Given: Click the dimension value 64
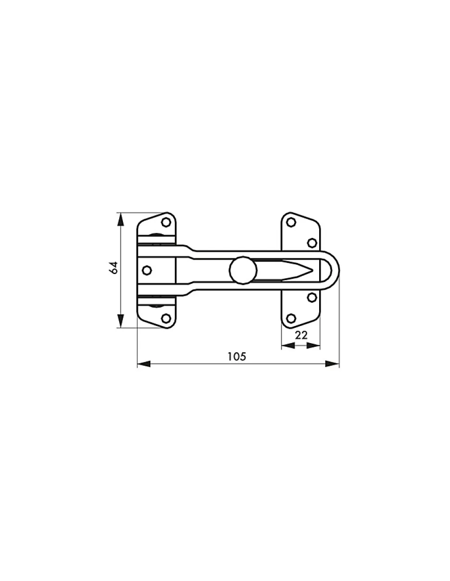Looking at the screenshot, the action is coord(114,268).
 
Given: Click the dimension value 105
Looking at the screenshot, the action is coord(237,357).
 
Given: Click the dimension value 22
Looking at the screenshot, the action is coord(302,335).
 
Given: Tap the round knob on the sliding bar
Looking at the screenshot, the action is coord(243,270).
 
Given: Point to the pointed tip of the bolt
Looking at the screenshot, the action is coord(312,270).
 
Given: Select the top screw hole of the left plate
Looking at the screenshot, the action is coord(166,222).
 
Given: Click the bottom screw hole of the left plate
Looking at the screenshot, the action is coord(166,319).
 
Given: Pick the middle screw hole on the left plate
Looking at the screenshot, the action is coord(147,270).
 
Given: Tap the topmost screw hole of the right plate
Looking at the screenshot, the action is coord(291,222).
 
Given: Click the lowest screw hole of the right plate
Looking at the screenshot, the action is coord(291,319).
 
